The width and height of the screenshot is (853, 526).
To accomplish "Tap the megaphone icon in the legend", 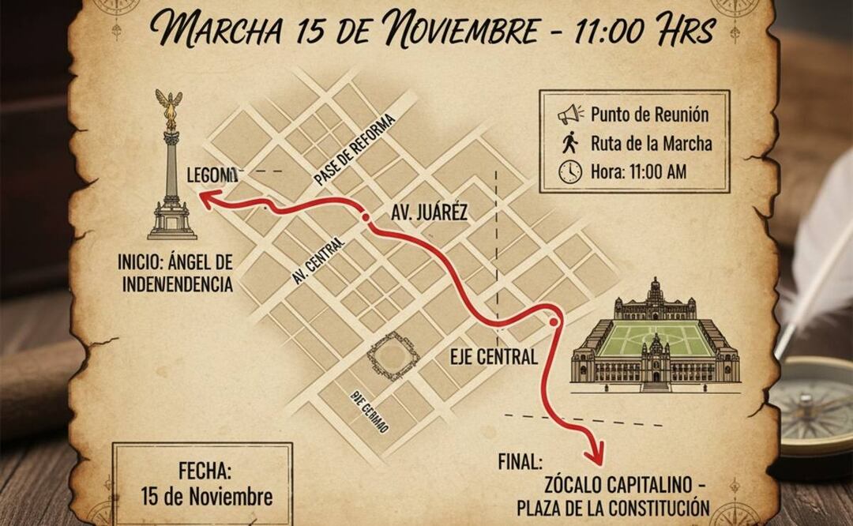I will click(569, 115).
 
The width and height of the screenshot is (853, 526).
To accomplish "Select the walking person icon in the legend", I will click(570, 143).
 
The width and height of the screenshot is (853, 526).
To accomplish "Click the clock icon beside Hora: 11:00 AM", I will click(569, 171).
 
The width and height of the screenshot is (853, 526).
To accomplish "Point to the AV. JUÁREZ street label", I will click(430, 212).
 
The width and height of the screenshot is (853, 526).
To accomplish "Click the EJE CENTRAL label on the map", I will click(494, 356).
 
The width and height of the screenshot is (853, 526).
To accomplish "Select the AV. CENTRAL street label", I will click(319, 261).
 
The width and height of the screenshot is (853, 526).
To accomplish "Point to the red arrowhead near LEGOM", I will click(207, 201).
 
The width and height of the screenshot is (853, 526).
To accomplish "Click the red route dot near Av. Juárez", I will click(364, 217).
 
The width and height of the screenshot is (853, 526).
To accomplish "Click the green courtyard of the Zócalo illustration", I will click(655, 339).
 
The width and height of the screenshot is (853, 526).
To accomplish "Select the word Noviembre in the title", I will click(475, 30).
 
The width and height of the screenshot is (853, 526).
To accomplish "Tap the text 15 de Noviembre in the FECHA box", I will click(207, 497).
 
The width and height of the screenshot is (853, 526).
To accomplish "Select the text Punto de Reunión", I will click(649, 115).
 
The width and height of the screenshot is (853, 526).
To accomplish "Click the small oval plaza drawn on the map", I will click(392, 355).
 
